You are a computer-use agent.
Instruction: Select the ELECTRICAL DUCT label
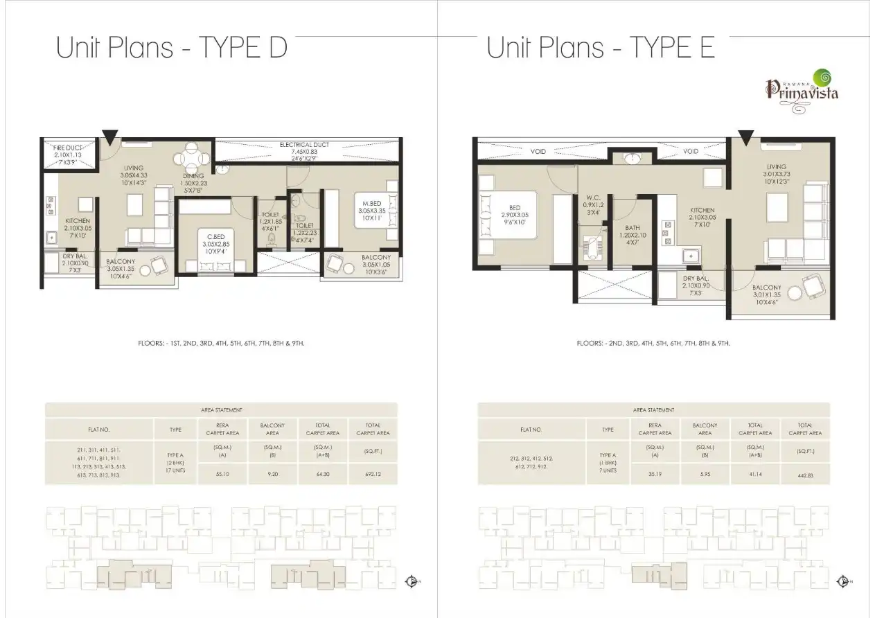click(304, 149)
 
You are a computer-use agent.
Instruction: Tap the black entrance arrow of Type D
click(109, 136)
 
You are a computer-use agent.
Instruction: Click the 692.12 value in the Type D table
click(372, 475)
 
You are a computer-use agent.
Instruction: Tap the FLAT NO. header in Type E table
click(531, 430)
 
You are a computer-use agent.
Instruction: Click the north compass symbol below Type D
click(411, 581)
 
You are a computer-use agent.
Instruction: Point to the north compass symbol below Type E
click(843, 581)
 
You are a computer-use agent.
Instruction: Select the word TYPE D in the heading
click(243, 48)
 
